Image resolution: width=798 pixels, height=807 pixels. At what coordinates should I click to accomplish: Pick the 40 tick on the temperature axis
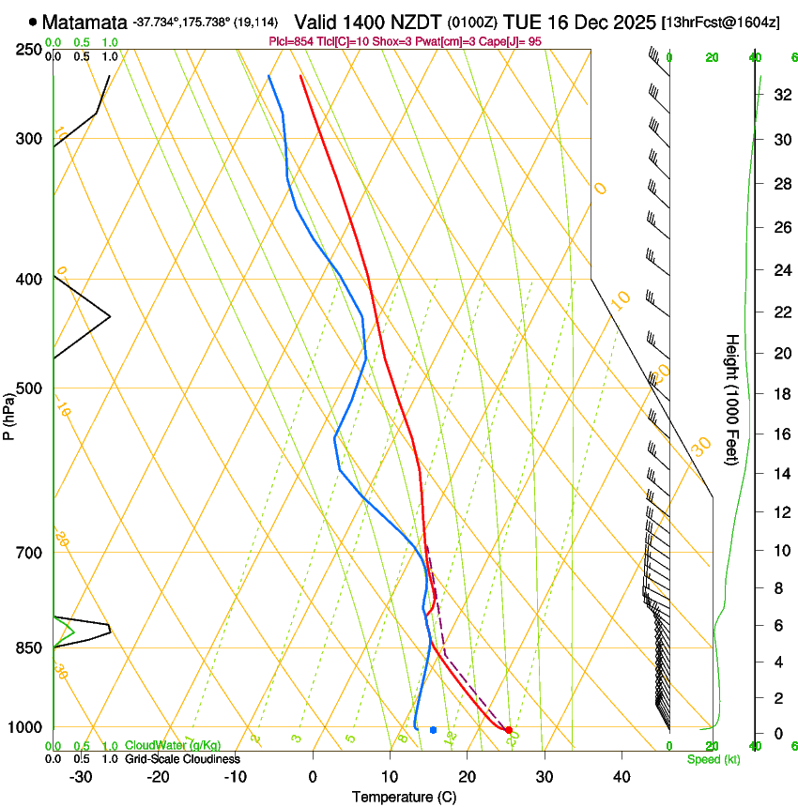coord(621,777)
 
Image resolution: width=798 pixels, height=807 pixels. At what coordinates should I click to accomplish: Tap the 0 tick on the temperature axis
coord(313,777)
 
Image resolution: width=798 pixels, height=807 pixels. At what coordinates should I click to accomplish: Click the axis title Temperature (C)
coord(404,798)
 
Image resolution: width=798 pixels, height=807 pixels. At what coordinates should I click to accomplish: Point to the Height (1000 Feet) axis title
coord(733,400)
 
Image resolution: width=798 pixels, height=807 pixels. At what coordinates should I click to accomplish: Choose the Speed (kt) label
coord(714,759)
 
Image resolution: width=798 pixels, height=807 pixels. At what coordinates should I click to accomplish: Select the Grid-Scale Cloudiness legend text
coord(181,758)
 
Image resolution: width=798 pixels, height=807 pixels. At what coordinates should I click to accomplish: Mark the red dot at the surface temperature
coord(508,729)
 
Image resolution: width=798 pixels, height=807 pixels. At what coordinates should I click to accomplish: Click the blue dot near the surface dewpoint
coord(433,729)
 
